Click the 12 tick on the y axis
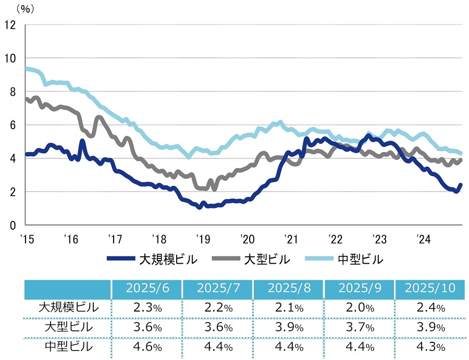pyautogui.click(x=10, y=24)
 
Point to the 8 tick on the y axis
pyautogui.click(x=12, y=91)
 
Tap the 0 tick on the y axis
pyautogui.click(x=12, y=225)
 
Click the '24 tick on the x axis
pyautogui.click(x=423, y=239)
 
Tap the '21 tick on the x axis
pyautogui.click(x=290, y=239)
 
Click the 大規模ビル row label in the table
pyautogui.click(x=68, y=307)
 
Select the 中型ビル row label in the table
pyautogui.click(x=68, y=346)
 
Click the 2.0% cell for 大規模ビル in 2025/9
pyautogui.click(x=359, y=308)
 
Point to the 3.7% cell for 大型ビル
pyautogui.click(x=359, y=327)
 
